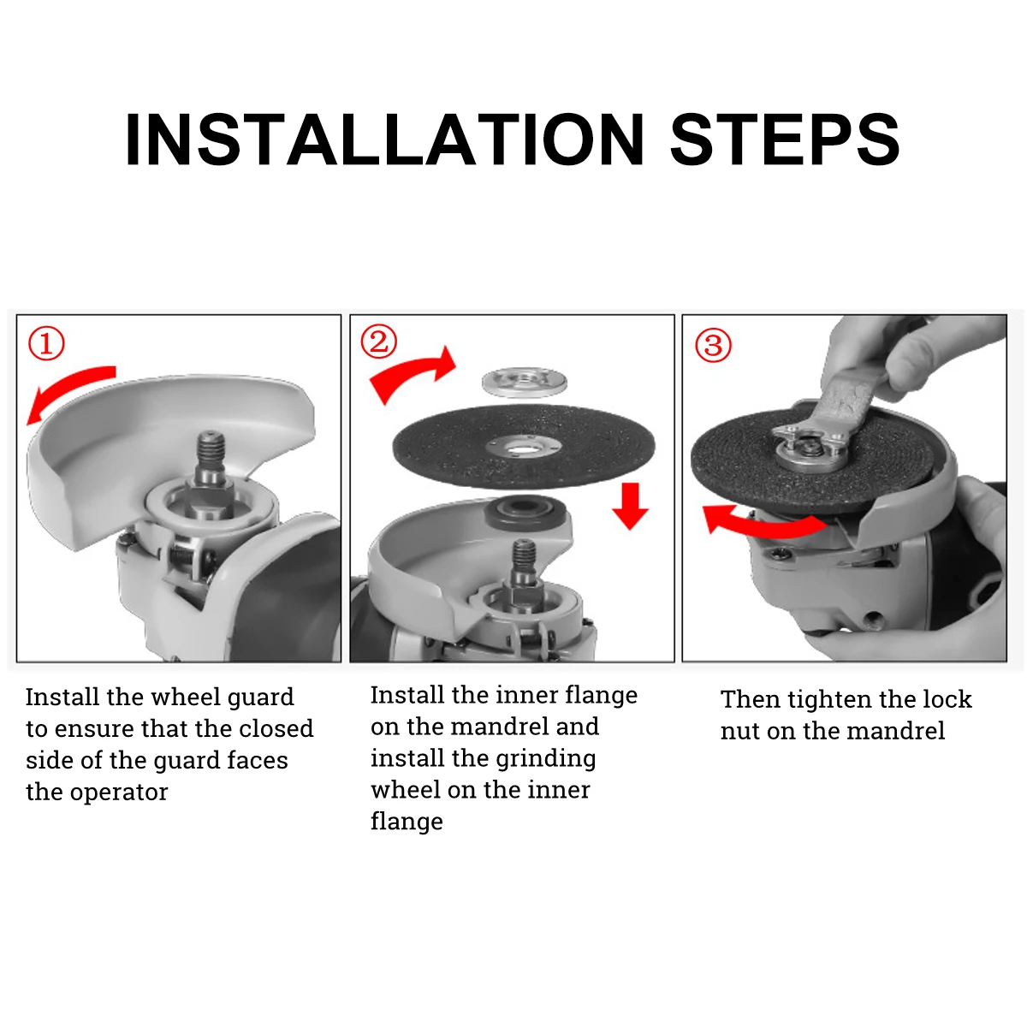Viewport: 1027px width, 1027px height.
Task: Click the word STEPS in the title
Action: (785, 140)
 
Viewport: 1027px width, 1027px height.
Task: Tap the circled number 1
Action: (46, 344)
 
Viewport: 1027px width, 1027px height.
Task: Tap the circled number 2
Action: (378, 341)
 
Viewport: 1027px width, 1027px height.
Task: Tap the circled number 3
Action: (713, 346)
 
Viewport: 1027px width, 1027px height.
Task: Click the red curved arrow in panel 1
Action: (68, 390)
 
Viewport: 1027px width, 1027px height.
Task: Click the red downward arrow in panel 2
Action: (631, 506)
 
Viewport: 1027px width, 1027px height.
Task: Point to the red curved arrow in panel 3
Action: (762, 523)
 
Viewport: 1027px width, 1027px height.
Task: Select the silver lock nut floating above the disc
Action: (524, 381)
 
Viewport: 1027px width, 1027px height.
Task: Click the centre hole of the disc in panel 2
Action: (523, 446)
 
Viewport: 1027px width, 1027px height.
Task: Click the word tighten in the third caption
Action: (830, 699)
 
